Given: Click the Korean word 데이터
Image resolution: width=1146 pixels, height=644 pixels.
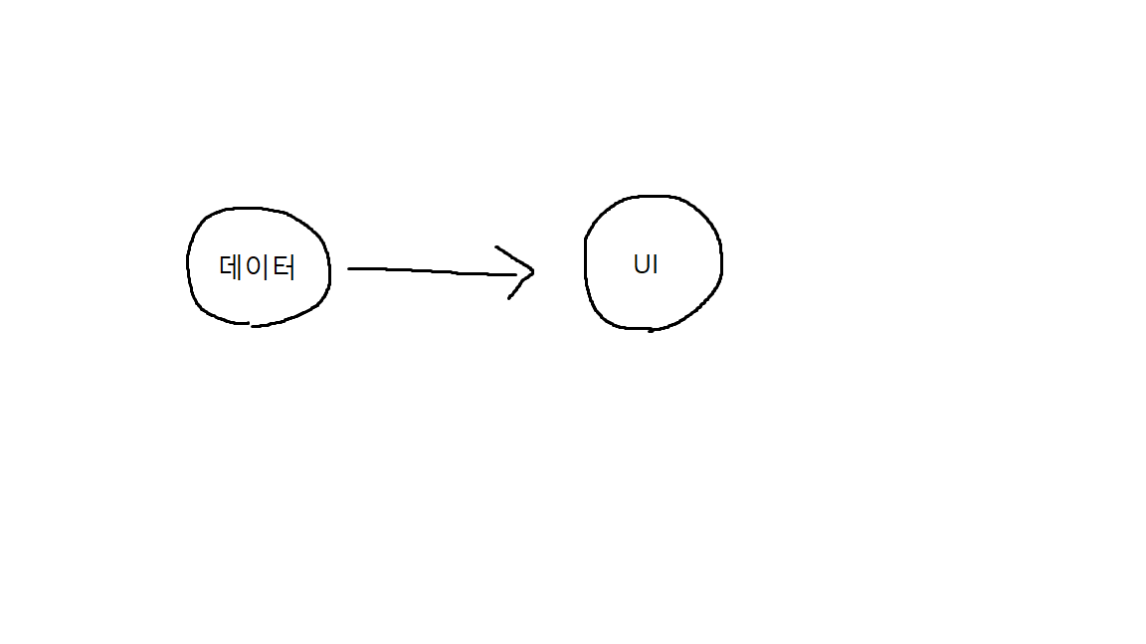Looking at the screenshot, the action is (x=257, y=267).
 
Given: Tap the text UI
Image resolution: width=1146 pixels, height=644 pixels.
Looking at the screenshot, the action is (x=646, y=265).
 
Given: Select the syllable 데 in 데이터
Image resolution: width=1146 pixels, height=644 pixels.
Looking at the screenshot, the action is (x=232, y=267).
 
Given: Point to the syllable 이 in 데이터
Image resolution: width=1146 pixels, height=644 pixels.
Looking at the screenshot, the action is (x=258, y=267).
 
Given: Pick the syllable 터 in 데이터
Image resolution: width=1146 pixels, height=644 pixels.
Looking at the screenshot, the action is (x=283, y=267).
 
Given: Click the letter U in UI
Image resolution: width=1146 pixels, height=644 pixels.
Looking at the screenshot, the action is (x=641, y=265).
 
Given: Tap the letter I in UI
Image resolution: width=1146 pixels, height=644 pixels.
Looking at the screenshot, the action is (x=655, y=265).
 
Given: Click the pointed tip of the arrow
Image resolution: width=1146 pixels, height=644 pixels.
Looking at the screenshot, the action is (x=534, y=269).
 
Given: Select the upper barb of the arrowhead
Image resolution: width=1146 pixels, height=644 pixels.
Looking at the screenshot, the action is (x=497, y=247).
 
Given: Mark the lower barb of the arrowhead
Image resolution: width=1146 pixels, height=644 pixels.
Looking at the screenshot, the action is (x=510, y=297).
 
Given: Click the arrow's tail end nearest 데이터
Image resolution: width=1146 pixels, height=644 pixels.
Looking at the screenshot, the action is (x=349, y=268).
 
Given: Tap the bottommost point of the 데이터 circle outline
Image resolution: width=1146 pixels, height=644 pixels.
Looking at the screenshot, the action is (x=253, y=325).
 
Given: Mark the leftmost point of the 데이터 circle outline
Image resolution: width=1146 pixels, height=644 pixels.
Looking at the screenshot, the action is (x=188, y=264).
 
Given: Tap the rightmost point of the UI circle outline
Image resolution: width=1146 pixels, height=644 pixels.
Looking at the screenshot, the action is (x=721, y=262).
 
